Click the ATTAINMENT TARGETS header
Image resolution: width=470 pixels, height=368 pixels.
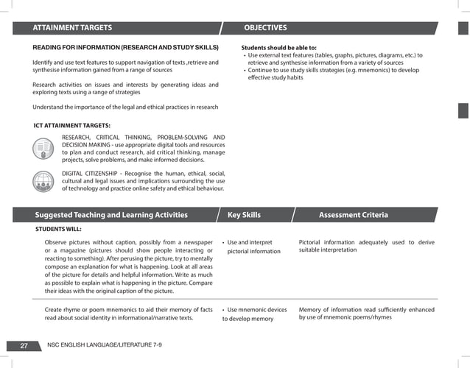[71, 28]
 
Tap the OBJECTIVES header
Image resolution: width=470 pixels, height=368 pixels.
[265, 28]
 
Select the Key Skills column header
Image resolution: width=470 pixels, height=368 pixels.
[244, 215]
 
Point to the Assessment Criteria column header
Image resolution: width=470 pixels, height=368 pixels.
[353, 215]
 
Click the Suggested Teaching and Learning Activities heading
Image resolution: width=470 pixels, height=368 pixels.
[111, 215]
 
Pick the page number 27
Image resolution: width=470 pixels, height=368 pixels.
[24, 345]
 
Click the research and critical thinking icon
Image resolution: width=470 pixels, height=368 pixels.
[43, 149]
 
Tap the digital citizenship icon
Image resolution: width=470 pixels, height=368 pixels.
[43, 181]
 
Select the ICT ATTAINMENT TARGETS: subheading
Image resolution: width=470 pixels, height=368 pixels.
[72, 125]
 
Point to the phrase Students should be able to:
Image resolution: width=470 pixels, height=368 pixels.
[279, 47]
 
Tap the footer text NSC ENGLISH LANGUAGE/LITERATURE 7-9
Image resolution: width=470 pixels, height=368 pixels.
[104, 345]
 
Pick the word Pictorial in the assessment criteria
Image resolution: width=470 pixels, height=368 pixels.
[313, 242]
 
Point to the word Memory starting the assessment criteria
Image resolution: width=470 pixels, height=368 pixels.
[312, 309]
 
